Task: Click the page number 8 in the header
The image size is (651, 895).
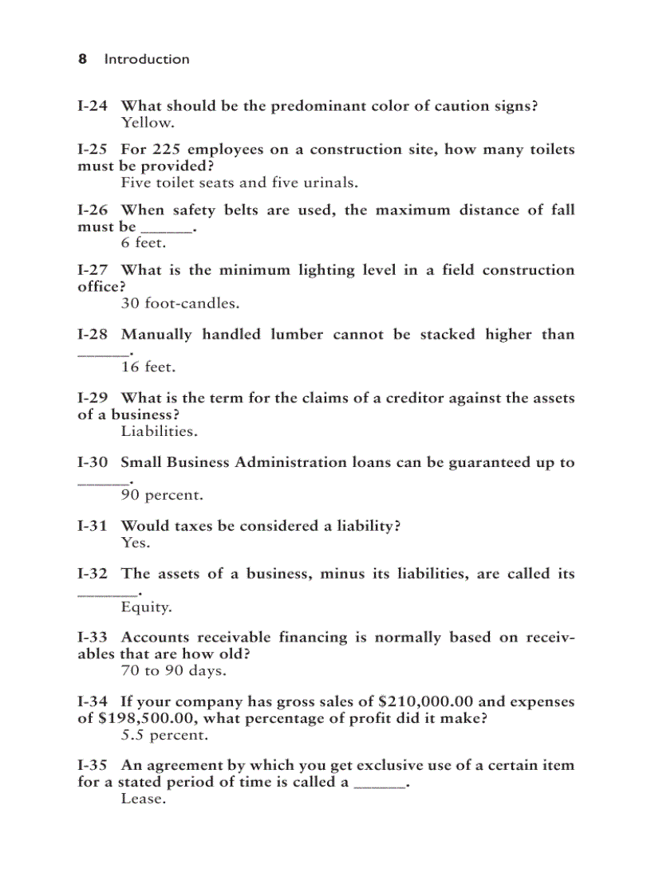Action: click(82, 59)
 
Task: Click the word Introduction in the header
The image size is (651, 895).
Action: click(147, 59)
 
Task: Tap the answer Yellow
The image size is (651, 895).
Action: click(147, 123)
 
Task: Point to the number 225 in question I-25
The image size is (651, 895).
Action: click(166, 150)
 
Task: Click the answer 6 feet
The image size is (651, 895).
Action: click(144, 243)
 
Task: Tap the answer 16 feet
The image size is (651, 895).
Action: click(148, 367)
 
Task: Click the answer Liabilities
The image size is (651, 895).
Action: click(159, 431)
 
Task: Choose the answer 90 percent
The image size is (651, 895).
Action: click(162, 495)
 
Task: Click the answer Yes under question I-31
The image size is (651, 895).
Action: click(135, 543)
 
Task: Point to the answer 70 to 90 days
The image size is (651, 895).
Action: click(173, 671)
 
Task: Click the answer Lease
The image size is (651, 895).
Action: click(143, 799)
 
